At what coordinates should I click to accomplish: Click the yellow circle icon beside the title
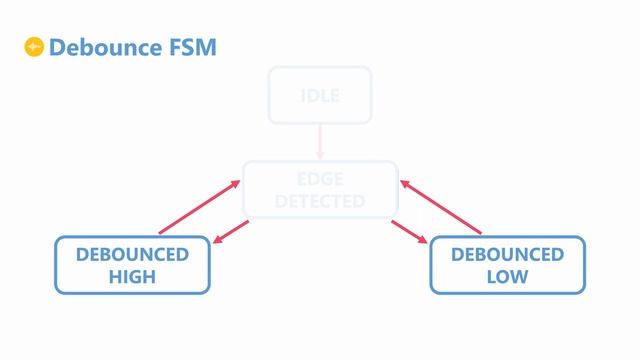coord(34,47)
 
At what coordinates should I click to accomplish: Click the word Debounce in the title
coord(105,47)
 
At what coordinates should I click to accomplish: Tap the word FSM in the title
coord(191,47)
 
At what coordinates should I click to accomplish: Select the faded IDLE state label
coord(320,96)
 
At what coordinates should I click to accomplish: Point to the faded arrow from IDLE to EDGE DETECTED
coord(320,140)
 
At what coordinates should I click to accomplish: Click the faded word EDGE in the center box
coord(320,180)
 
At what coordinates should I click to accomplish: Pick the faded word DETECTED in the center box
coord(320,201)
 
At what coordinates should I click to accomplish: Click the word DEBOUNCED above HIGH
coord(132,255)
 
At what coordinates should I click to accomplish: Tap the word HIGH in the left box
coord(132,277)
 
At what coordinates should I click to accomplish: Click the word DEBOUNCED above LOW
coord(507,255)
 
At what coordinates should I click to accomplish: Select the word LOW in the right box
coord(507,277)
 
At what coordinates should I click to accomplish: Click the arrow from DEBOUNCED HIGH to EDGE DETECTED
coord(200,207)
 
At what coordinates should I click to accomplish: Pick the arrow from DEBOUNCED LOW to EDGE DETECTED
coord(441,207)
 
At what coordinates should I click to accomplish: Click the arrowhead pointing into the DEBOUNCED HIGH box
coord(217,240)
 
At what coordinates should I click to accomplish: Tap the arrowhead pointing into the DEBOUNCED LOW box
coord(423,240)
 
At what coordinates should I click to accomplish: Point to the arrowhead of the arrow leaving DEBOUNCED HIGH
coord(236,184)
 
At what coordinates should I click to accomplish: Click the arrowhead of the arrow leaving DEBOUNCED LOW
coord(404,184)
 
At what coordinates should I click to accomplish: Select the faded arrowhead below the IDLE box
coord(320,155)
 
